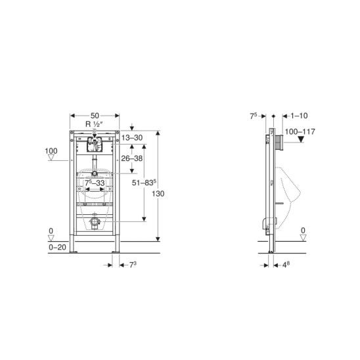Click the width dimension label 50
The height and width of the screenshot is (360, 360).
95,116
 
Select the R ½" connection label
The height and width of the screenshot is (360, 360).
94,124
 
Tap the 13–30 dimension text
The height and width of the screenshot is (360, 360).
132,138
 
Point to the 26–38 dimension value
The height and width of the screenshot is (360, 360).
132,158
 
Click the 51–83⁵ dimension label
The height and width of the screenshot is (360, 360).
144,183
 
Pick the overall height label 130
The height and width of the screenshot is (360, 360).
158,194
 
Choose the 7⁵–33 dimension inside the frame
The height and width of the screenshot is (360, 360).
95,183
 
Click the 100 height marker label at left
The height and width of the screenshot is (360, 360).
51,151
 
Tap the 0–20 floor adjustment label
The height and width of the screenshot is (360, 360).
57,247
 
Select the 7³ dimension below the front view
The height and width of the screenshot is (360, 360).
133,265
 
